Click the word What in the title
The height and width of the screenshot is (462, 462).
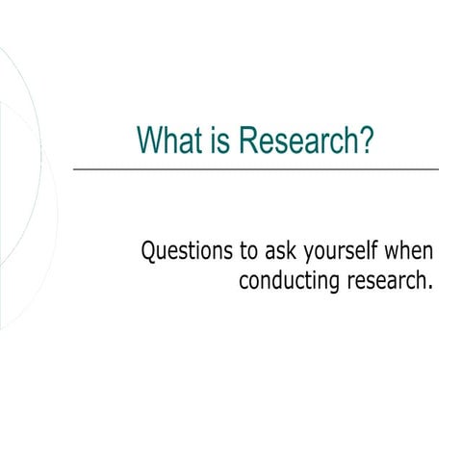pyautogui.click(x=166, y=141)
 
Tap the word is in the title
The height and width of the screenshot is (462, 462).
pyautogui.click(x=216, y=141)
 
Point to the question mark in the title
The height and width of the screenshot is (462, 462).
pyautogui.click(x=365, y=141)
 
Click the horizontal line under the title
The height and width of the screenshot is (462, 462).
pyautogui.click(x=255, y=169)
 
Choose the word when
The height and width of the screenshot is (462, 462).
pyautogui.click(x=409, y=252)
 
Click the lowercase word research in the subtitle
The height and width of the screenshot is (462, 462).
pyautogui.click(x=379, y=281)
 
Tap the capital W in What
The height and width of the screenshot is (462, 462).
pyautogui.click(x=149, y=141)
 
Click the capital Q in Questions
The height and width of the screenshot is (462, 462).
pyautogui.click(x=149, y=252)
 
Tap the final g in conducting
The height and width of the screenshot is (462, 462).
pyautogui.click(x=324, y=284)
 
